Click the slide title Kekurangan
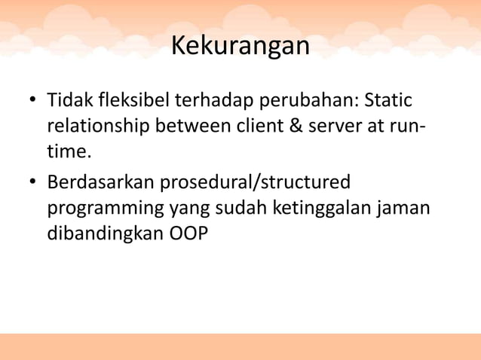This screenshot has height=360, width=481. pos(240,46)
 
